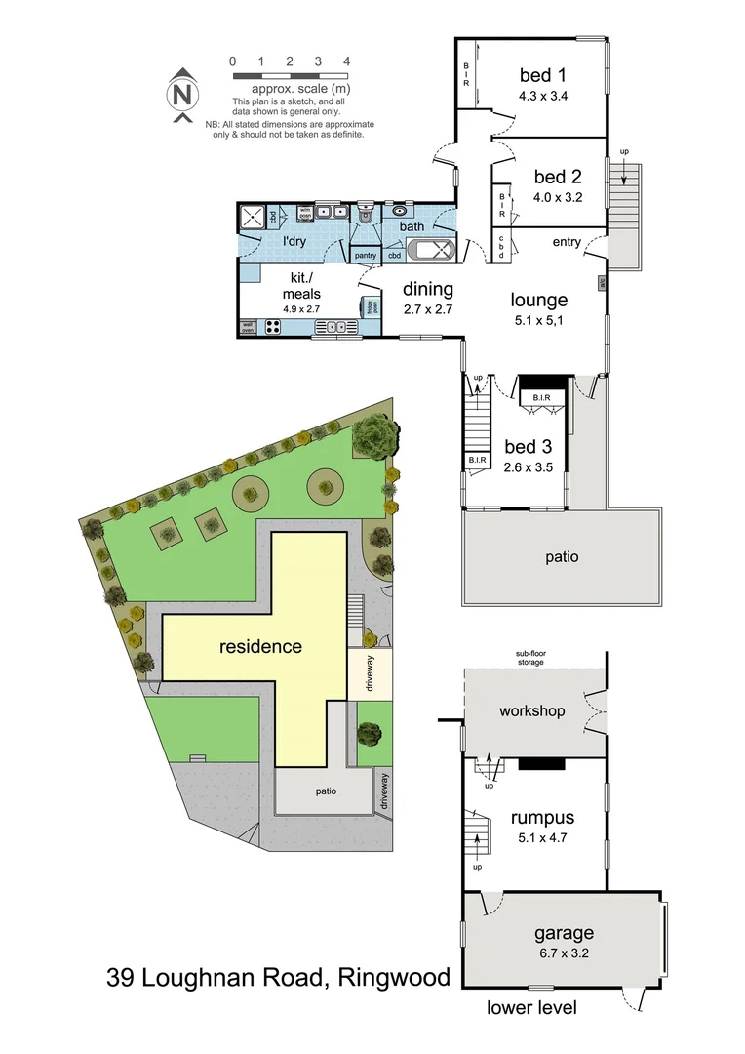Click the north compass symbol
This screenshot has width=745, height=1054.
pyautogui.click(x=180, y=96)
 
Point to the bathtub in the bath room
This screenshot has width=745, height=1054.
pyautogui.click(x=429, y=249)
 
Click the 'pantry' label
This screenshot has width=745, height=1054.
pyautogui.click(x=366, y=256)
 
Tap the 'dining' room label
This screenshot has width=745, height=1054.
pyautogui.click(x=428, y=289)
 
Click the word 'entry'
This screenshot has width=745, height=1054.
pyautogui.click(x=567, y=242)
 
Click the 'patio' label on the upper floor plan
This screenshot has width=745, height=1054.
pyautogui.click(x=562, y=557)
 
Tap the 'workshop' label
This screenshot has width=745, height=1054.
pyautogui.click(x=531, y=710)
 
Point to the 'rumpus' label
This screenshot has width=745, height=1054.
pyautogui.click(x=542, y=818)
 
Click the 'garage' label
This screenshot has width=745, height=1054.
pyautogui.click(x=564, y=933)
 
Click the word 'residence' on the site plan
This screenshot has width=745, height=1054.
pyautogui.click(x=260, y=646)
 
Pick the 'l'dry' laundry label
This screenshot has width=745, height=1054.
pyautogui.click(x=295, y=240)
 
